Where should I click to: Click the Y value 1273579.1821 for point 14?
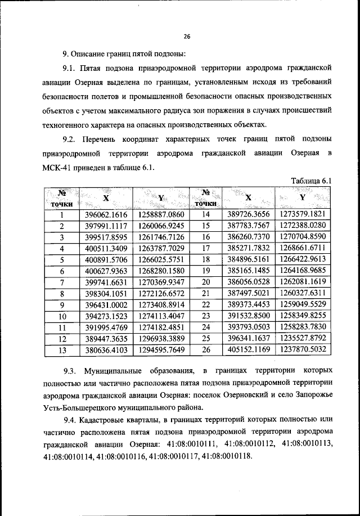click(303, 214)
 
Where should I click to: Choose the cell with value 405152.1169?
click(249, 349)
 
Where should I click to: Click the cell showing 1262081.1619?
click(303, 282)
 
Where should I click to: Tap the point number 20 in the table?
click(205, 282)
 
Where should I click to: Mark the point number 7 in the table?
click(62, 282)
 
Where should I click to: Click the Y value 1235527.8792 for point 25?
click(303, 338)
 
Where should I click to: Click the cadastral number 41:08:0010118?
click(227, 456)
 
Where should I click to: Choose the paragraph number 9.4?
click(72, 419)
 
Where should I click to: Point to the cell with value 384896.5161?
click(249, 259)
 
